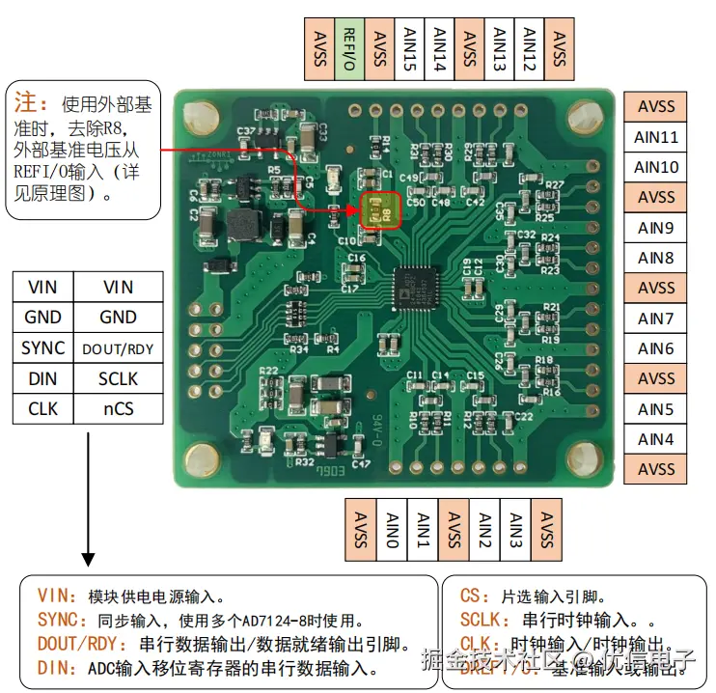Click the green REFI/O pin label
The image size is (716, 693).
(349, 48)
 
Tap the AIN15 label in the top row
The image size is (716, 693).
(409, 48)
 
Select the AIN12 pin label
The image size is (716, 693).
(529, 48)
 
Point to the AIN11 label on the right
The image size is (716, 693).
(657, 137)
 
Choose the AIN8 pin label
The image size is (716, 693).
(657, 258)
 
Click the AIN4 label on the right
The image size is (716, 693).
(657, 439)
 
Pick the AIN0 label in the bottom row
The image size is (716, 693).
(390, 528)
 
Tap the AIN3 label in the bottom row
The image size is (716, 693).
(514, 528)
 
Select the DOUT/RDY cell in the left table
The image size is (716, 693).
(118, 348)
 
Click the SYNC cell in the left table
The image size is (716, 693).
(43, 348)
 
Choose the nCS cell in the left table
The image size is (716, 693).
(118, 409)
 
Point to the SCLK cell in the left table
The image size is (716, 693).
(118, 378)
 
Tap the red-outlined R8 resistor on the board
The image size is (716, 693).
(379, 210)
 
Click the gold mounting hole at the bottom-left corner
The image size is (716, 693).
(203, 457)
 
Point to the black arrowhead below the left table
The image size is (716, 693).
(88, 558)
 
